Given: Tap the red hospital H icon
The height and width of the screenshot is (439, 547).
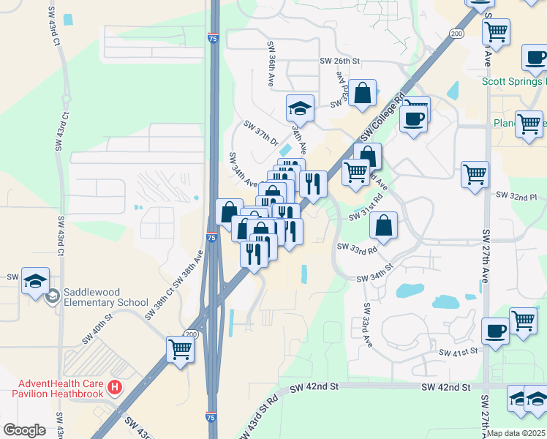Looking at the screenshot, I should click(x=114, y=387).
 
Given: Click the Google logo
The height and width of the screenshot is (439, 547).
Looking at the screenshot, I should click(x=24, y=430).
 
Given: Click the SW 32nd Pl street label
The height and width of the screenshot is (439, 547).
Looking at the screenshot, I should click(x=516, y=196).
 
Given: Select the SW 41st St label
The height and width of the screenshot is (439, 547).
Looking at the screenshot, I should click(x=458, y=352).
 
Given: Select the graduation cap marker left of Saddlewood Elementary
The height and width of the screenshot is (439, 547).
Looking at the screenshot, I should click(x=35, y=282).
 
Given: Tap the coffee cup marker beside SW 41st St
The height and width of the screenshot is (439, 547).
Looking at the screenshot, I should click(x=495, y=331).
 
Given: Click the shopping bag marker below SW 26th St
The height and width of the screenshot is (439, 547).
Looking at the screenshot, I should click(x=363, y=94).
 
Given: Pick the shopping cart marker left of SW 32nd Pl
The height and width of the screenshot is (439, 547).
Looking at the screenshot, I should click(x=475, y=176).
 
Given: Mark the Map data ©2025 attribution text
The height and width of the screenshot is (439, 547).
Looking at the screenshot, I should click(x=516, y=433).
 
